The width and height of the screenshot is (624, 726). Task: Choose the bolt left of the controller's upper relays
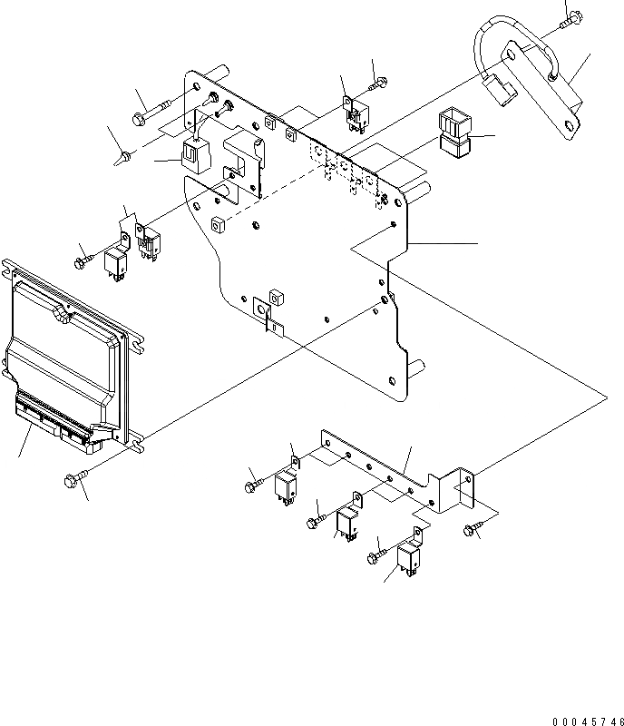(83, 260)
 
